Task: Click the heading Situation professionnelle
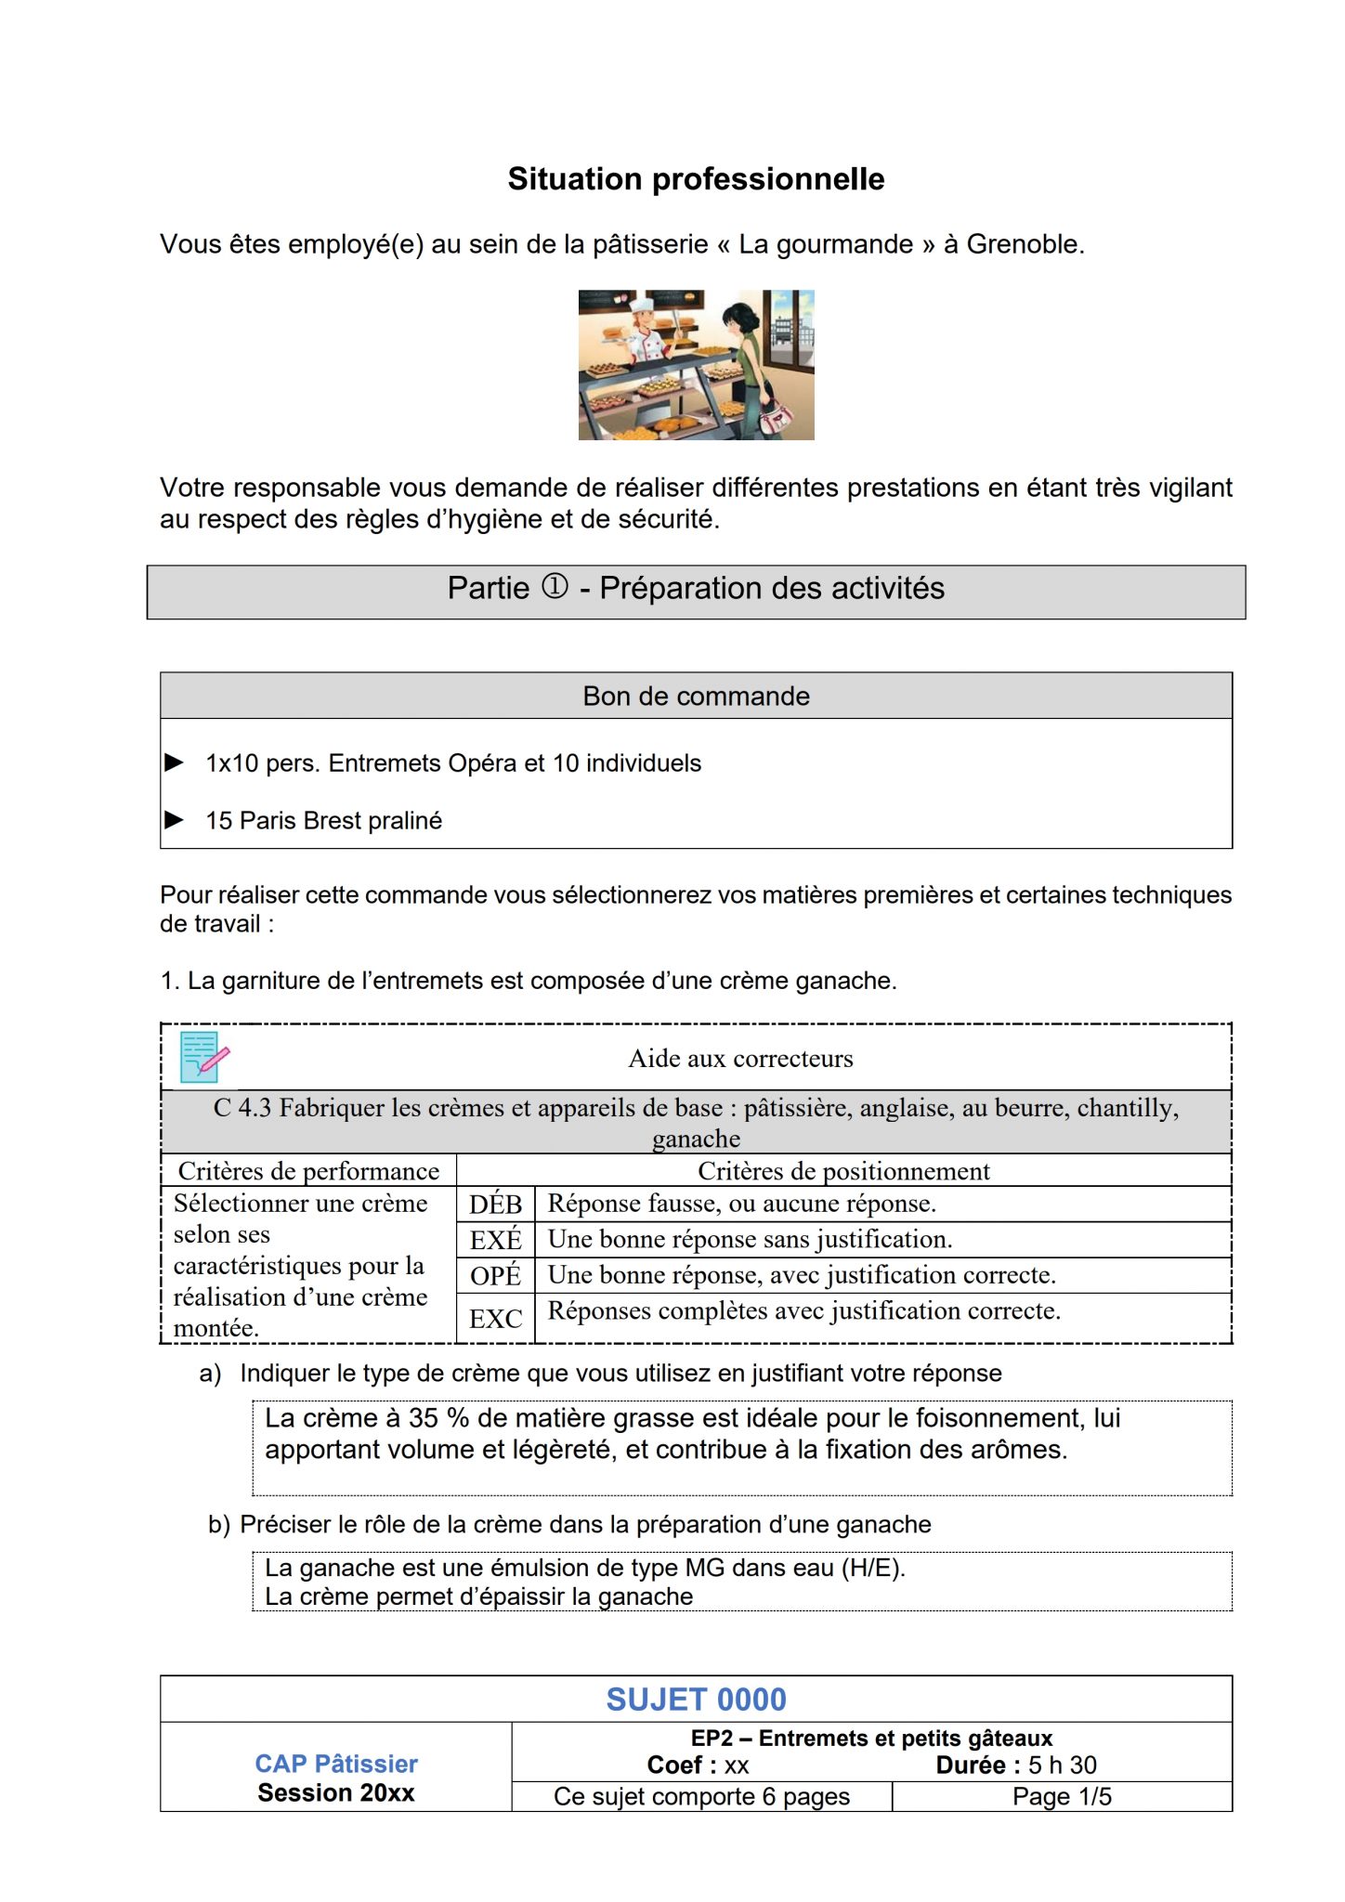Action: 696,179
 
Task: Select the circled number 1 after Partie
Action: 555,587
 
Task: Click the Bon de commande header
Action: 696,697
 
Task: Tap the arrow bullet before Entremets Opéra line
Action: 174,762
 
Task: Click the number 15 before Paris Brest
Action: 218,821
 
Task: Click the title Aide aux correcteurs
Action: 740,1059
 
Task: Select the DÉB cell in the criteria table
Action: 495,1205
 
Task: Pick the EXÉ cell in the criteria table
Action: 495,1240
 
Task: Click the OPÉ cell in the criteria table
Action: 495,1276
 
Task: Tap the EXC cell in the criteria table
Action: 495,1319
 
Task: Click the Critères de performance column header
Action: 308,1171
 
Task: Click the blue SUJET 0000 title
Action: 696,1700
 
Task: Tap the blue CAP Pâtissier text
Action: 336,1764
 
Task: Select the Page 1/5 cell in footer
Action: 1062,1796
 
